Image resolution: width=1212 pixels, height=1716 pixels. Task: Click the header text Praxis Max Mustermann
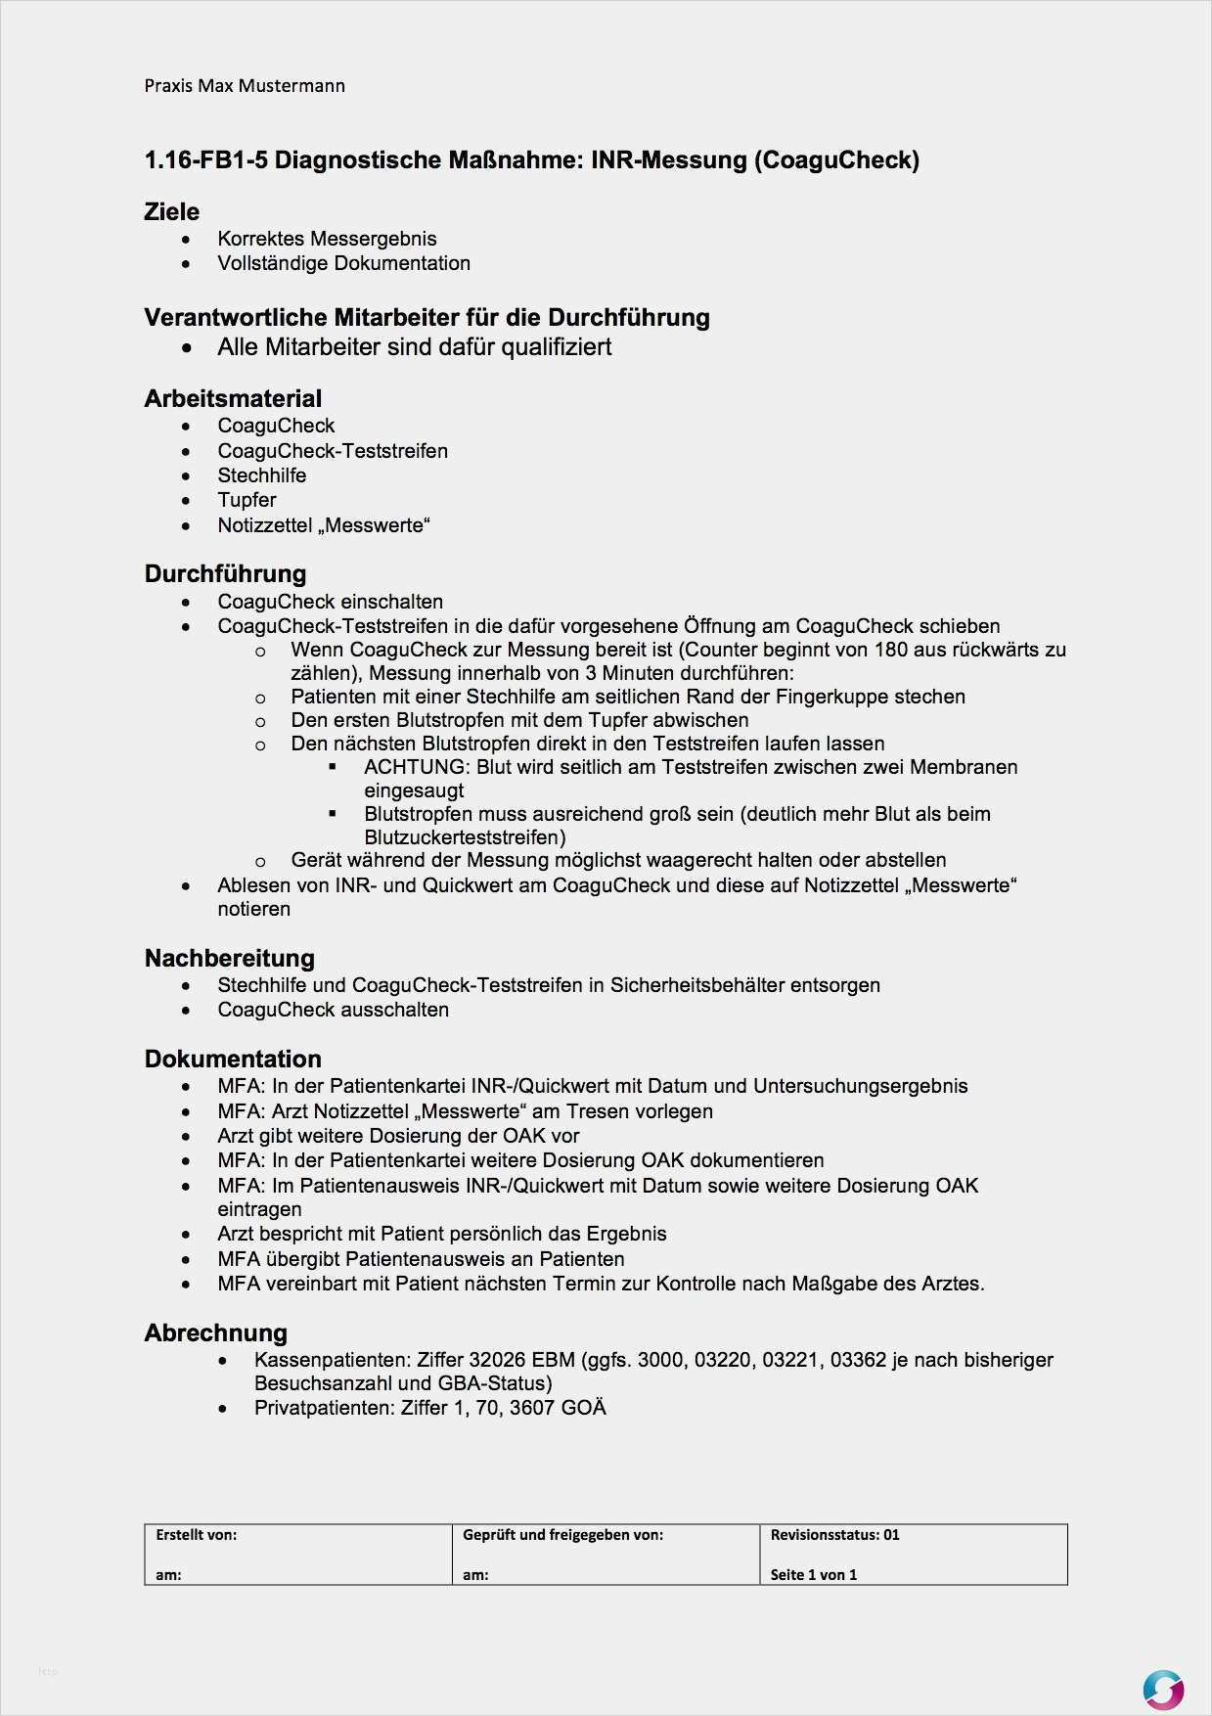(x=245, y=86)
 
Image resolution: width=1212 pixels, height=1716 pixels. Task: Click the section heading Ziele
(x=171, y=211)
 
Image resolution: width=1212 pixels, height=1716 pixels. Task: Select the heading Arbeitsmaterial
(x=233, y=398)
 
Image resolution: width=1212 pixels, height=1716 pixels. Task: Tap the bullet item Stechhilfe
(x=261, y=475)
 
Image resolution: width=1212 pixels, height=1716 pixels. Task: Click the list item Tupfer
(x=247, y=500)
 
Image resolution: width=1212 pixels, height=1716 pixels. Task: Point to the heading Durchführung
(x=225, y=573)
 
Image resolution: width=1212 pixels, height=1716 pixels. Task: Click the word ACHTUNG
(x=415, y=767)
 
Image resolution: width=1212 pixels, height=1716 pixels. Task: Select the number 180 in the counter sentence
(x=891, y=650)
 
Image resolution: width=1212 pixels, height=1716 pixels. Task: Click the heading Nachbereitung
(x=230, y=958)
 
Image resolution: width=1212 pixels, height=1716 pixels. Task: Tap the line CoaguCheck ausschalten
(x=333, y=1010)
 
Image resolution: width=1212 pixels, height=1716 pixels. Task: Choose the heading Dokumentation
(x=233, y=1059)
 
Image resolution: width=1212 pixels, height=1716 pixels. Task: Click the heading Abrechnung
(x=216, y=1332)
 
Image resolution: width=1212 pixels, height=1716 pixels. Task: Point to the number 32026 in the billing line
(x=497, y=1360)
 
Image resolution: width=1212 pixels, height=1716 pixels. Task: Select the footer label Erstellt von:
(x=196, y=1535)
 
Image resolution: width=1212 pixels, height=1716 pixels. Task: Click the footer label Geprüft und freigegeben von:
(x=562, y=1535)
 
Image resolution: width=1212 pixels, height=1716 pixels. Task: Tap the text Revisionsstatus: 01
(x=834, y=1535)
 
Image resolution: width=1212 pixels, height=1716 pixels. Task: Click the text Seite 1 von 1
(x=813, y=1574)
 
